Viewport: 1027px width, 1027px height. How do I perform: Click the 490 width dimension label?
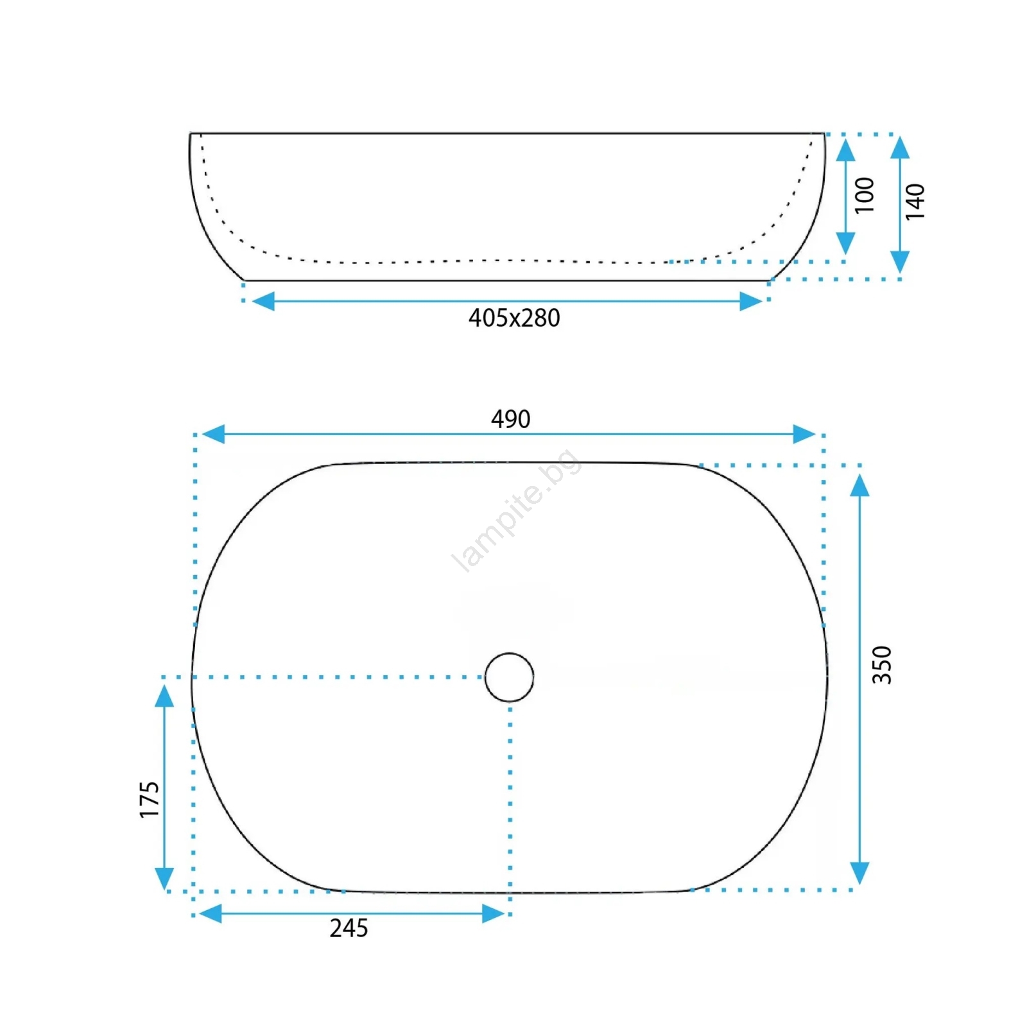pos(510,419)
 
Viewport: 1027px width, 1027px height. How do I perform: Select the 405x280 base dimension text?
pos(514,318)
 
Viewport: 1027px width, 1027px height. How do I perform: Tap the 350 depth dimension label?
pos(882,665)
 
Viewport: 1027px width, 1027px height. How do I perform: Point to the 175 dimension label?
pos(149,799)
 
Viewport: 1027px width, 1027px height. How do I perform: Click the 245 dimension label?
pos(349,928)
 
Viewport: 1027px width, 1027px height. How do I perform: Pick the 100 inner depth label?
pos(865,195)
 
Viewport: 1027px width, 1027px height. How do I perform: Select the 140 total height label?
pos(915,202)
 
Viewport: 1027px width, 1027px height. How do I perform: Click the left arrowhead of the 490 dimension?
pos(212,434)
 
